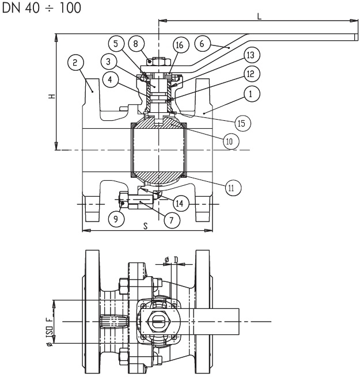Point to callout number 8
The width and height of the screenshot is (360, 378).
click(x=135, y=43)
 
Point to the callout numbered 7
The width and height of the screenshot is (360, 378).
click(x=171, y=219)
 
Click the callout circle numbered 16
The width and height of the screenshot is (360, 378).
click(x=179, y=45)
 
